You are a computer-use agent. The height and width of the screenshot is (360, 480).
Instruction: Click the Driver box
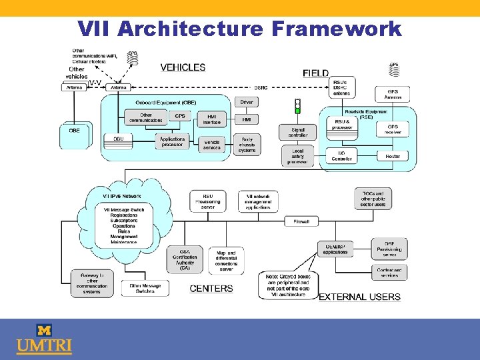pos(247,103)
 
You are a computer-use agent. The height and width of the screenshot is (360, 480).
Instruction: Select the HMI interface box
pos(211,119)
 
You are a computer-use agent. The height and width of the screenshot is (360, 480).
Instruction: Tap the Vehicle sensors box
pos(212,145)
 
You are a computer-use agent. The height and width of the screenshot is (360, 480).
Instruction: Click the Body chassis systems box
pos(247,145)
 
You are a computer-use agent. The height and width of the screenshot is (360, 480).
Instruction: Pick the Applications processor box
pos(172,142)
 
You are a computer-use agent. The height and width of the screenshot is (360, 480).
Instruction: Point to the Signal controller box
pos(298,133)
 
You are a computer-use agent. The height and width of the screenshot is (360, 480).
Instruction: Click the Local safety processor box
pos(297,156)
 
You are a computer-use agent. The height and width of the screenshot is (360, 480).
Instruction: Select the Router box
pos(393,156)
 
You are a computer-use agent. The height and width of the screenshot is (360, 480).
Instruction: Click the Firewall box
pos(301,221)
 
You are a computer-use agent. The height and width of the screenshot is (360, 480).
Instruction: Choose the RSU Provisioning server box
pos(208,201)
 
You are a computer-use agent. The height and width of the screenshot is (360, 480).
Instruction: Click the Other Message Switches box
pos(145,288)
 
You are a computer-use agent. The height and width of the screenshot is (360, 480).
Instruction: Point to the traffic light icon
pos(297,107)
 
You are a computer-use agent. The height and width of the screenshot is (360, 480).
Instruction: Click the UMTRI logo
pos(44,339)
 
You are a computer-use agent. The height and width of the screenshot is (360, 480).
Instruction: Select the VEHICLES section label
pos(183,67)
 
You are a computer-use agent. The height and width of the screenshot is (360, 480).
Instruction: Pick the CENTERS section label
pos(211,289)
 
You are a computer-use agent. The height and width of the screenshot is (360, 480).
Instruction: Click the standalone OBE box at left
pos(74,131)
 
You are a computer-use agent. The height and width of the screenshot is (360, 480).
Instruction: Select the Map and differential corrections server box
pos(226,261)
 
